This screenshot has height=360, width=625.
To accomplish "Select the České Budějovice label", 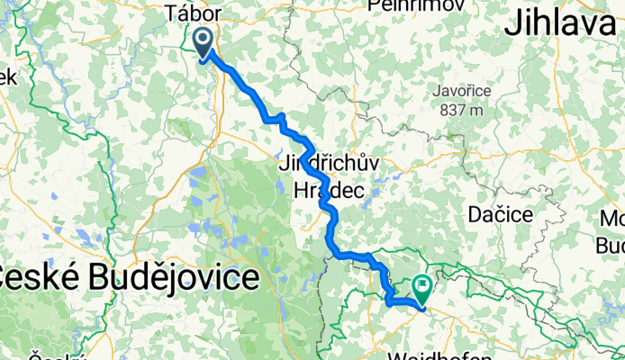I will pyautogui.click(x=126, y=277).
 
